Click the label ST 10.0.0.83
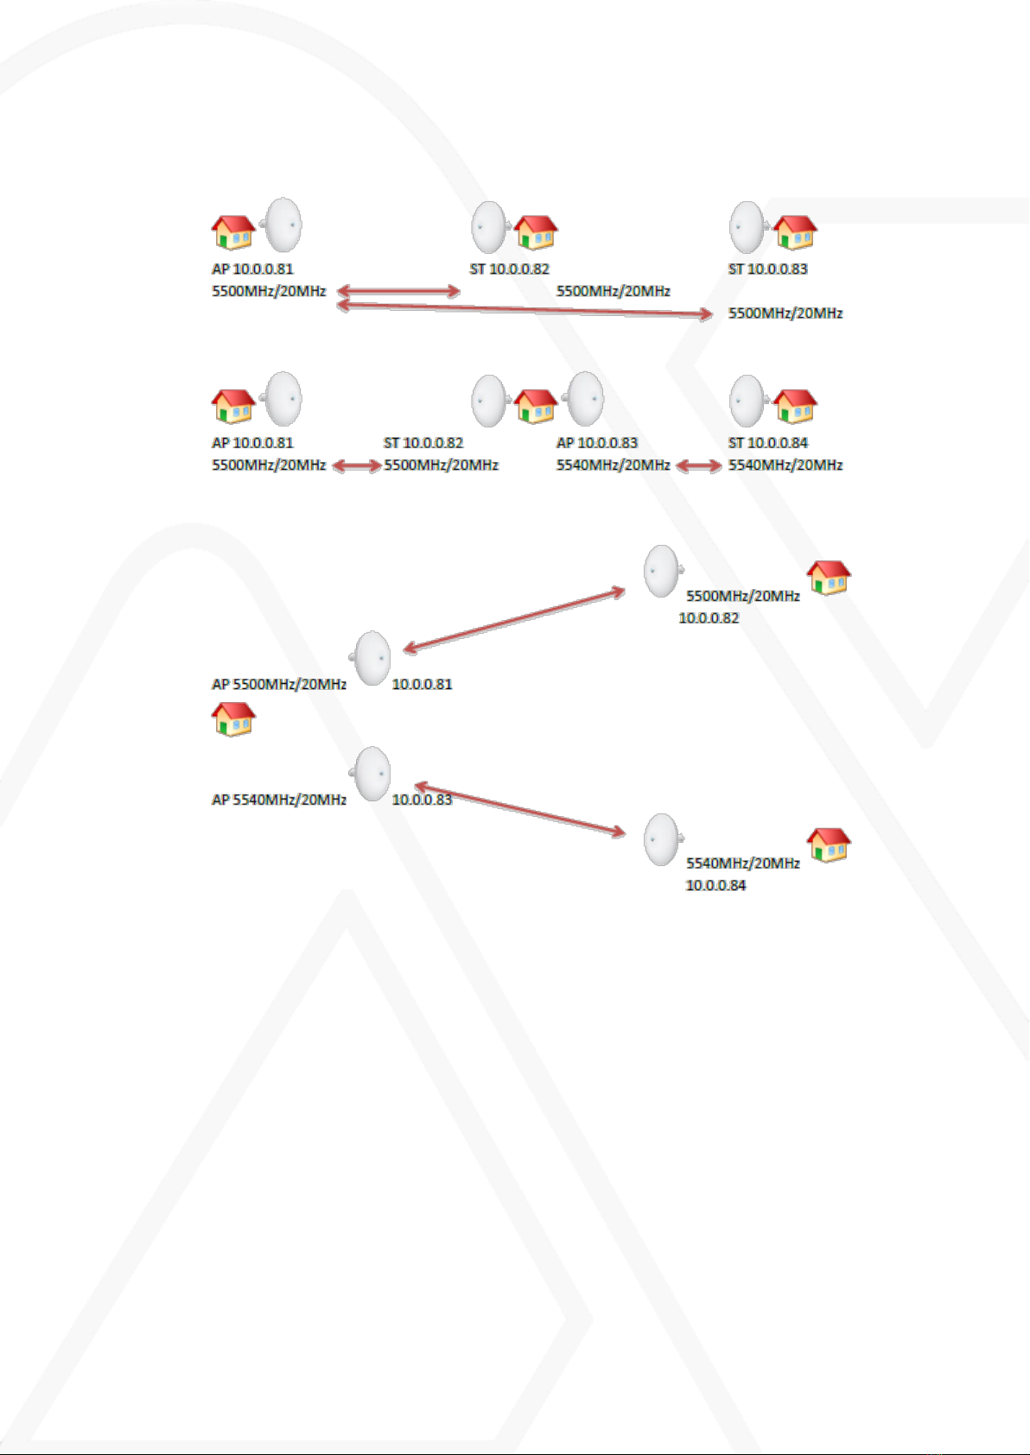767,269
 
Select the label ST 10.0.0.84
767,443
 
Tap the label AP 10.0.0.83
596,443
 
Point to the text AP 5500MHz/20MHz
279,684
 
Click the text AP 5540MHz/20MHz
279,800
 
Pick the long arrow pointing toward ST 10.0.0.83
525,310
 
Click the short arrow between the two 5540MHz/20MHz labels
698,465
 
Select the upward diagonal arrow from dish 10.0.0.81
514,620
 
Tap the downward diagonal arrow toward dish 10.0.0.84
520,810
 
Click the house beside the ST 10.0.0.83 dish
795,232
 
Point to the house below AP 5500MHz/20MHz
233,719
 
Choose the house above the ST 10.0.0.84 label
795,407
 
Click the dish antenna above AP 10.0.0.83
583,399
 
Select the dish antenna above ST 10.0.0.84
748,401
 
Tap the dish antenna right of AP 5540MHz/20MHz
371,774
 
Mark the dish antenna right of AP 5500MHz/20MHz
371,658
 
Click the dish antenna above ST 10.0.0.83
748,227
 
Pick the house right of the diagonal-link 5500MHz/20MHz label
829,578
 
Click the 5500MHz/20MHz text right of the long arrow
785,313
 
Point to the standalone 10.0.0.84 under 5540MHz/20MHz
715,885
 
